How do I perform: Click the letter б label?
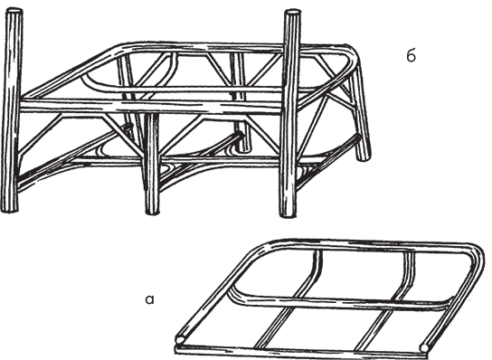click(x=411, y=56)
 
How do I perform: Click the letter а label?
click(x=150, y=299)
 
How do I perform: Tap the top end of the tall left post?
click(x=14, y=11)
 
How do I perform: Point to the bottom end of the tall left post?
click(x=9, y=209)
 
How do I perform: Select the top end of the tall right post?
click(x=292, y=13)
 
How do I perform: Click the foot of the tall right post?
click(x=288, y=213)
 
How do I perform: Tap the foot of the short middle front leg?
click(x=153, y=212)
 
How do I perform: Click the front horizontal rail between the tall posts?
click(x=151, y=105)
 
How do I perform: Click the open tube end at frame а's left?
click(x=180, y=340)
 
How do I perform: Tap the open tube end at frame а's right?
click(x=424, y=347)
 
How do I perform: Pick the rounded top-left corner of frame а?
click(x=263, y=246)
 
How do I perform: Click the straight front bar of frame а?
click(x=301, y=351)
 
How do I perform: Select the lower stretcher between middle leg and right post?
click(x=220, y=159)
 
